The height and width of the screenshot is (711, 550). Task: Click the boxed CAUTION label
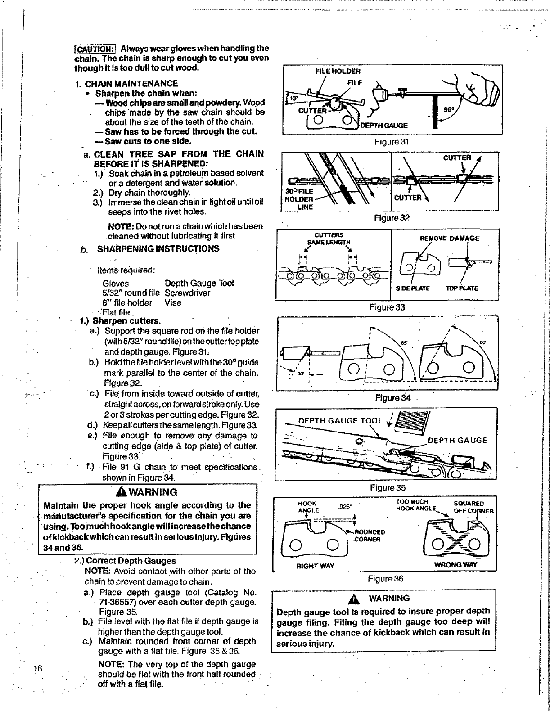coord(96,49)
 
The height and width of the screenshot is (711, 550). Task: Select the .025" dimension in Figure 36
coord(344,506)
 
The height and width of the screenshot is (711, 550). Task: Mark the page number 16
coord(38,668)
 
